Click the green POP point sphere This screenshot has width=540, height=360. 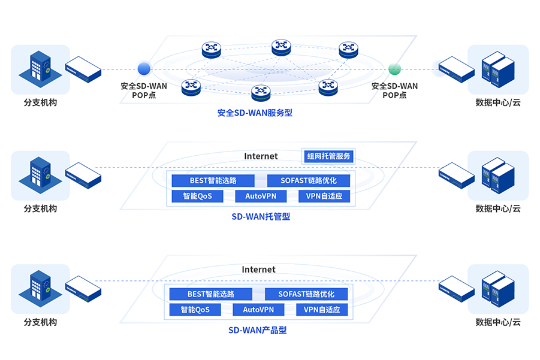pos(394,68)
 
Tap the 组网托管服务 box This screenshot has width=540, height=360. pos(329,156)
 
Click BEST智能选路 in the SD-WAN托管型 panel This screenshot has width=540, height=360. pos(213,180)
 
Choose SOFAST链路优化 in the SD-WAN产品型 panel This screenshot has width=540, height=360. pos(306,294)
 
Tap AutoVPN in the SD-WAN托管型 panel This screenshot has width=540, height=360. pos(261,196)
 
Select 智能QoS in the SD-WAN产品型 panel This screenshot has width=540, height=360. pos(195,310)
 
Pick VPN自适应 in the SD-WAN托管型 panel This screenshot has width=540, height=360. pos(324,196)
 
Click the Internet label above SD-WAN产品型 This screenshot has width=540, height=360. pos(258,270)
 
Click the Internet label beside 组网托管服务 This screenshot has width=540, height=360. pos(261,156)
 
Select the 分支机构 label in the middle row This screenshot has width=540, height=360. pos(40,208)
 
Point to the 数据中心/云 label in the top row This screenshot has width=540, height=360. pos(498,102)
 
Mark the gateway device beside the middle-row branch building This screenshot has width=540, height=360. pos(83,175)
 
